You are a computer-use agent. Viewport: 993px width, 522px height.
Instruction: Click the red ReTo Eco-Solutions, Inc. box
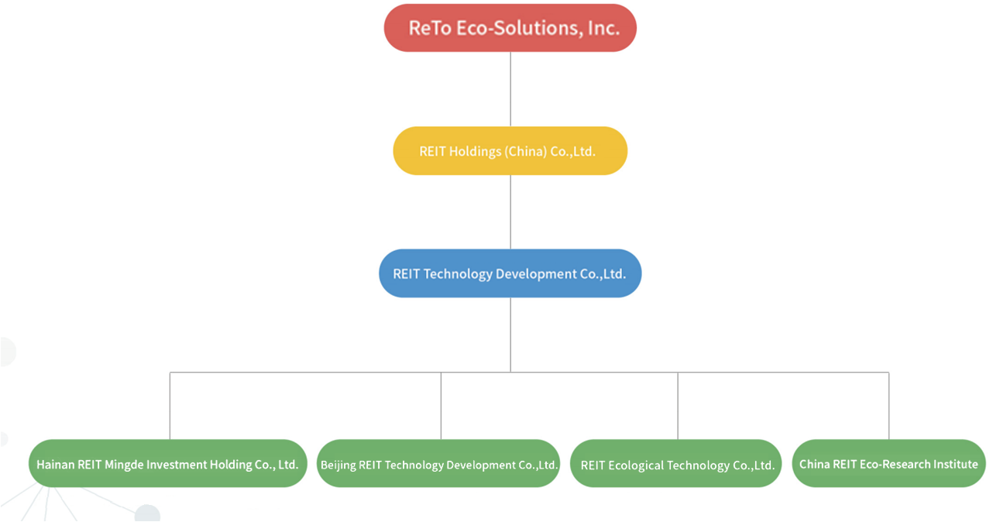pyautogui.click(x=510, y=28)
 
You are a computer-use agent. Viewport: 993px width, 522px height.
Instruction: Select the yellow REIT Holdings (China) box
pyautogui.click(x=510, y=151)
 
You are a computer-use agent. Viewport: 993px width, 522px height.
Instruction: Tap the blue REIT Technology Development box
pyautogui.click(x=510, y=273)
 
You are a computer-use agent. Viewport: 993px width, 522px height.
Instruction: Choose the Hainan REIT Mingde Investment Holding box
pyautogui.click(x=168, y=463)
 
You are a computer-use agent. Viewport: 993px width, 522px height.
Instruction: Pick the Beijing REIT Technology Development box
pyautogui.click(x=438, y=463)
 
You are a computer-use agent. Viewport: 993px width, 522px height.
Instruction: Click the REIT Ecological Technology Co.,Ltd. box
pyautogui.click(x=676, y=463)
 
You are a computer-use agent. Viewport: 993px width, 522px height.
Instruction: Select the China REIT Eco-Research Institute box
pyautogui.click(x=889, y=463)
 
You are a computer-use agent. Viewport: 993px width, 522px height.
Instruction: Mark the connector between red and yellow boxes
pyautogui.click(x=510, y=90)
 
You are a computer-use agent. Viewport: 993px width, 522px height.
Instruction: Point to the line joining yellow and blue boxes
pyautogui.click(x=510, y=212)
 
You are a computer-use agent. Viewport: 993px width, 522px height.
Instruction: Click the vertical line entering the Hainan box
pyautogui.click(x=170, y=406)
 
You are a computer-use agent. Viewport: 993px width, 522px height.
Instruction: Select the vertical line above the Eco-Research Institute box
pyautogui.click(x=889, y=406)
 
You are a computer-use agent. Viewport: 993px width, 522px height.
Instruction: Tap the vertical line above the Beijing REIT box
pyautogui.click(x=441, y=406)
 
